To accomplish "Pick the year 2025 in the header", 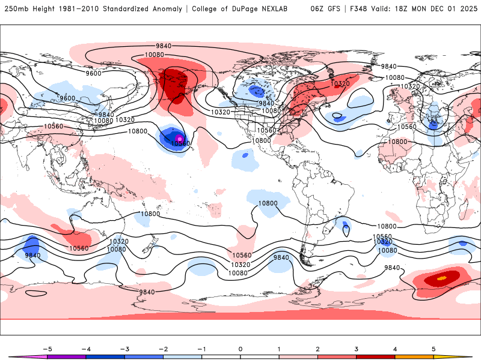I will (x=467, y=9).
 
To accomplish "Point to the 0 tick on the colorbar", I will (x=240, y=348).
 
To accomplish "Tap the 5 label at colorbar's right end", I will (x=434, y=348).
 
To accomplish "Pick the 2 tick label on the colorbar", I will (x=317, y=348).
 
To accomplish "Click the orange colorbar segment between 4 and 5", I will (x=414, y=357).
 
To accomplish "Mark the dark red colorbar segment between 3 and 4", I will (x=375, y=357).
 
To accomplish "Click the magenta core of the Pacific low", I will (x=179, y=139).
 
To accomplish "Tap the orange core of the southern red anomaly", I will (x=442, y=278).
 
